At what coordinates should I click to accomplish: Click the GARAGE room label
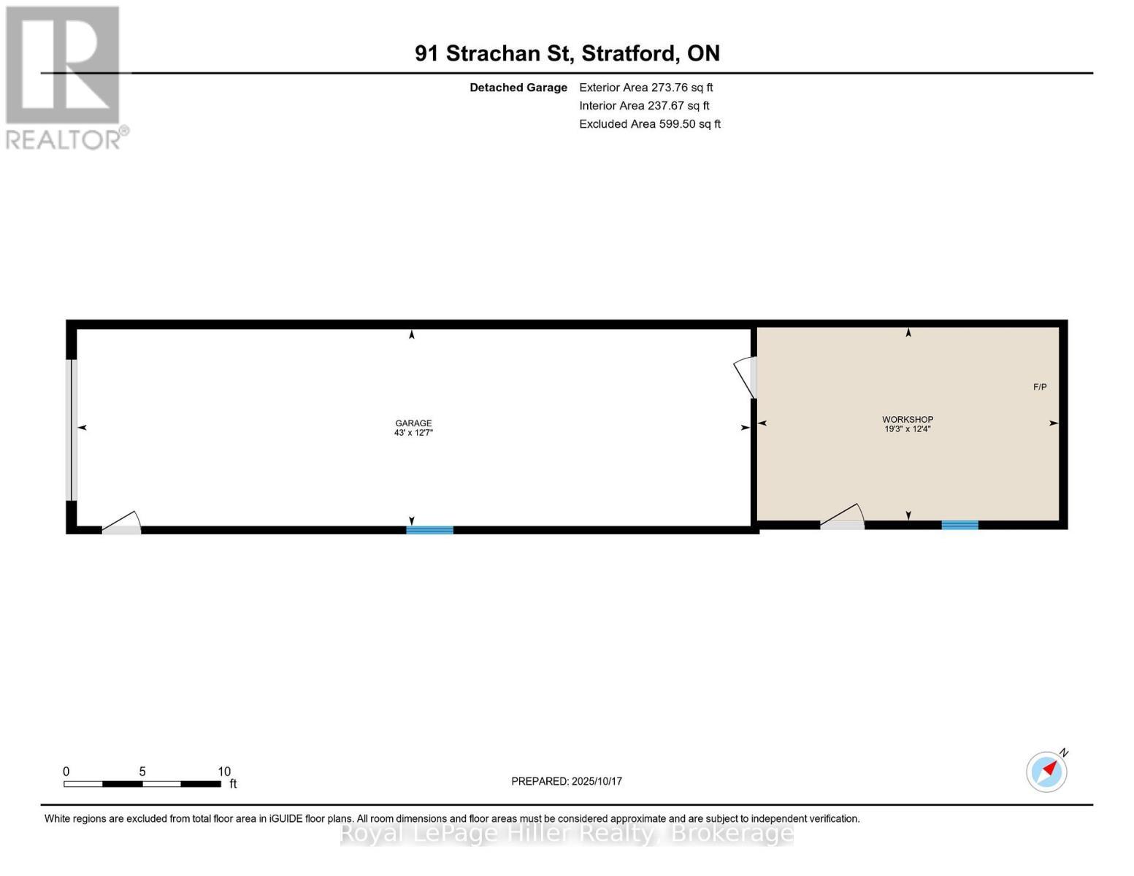[413, 423]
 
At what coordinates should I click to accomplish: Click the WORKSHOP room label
[907, 419]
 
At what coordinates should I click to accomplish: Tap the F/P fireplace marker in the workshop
[1039, 387]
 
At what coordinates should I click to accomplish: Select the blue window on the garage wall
[429, 530]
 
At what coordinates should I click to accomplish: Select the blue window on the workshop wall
[959, 525]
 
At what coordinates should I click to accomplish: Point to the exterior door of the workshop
[842, 519]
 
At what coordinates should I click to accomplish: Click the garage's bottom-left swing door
[121, 525]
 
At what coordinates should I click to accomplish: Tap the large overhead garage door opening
[72, 430]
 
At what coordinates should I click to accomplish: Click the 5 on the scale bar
[142, 772]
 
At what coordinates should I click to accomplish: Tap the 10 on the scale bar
[224, 772]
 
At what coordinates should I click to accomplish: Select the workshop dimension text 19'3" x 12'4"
[907, 429]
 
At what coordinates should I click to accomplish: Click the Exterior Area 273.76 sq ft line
[645, 88]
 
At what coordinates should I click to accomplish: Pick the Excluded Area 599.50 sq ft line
[649, 124]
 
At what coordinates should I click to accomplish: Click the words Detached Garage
[518, 88]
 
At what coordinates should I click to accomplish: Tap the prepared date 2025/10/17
[597, 781]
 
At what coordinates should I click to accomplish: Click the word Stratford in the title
[630, 53]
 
